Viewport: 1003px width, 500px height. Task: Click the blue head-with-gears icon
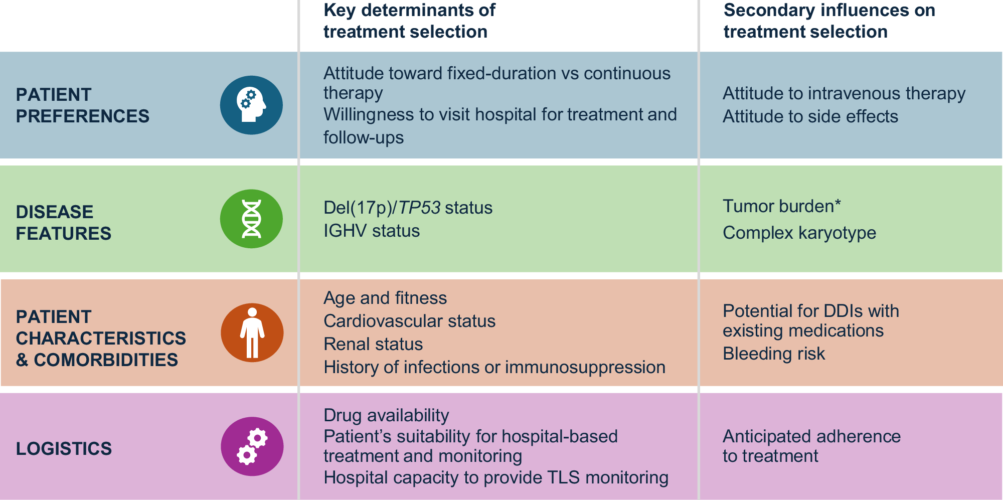(251, 105)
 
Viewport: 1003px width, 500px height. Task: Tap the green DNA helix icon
(251, 219)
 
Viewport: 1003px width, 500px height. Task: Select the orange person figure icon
(252, 332)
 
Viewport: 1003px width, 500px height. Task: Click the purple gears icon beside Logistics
(252, 446)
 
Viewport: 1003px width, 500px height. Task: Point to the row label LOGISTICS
(64, 448)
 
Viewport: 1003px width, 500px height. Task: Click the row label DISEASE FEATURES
(64, 223)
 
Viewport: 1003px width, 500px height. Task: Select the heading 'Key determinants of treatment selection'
(409, 21)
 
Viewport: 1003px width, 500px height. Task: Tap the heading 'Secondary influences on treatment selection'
(829, 21)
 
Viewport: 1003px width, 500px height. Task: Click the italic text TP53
(419, 208)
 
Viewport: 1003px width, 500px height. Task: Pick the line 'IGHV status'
(372, 231)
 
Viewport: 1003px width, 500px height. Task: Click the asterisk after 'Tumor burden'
(838, 203)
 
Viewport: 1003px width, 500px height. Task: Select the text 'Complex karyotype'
(799, 233)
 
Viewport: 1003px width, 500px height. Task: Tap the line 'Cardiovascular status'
(409, 321)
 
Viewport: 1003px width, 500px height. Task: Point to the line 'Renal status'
(373, 344)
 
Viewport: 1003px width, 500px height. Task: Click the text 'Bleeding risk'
(774, 354)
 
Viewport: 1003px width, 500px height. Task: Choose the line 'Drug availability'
(386, 416)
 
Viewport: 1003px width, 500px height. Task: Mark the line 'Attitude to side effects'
(810, 116)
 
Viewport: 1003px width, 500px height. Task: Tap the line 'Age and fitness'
(385, 298)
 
